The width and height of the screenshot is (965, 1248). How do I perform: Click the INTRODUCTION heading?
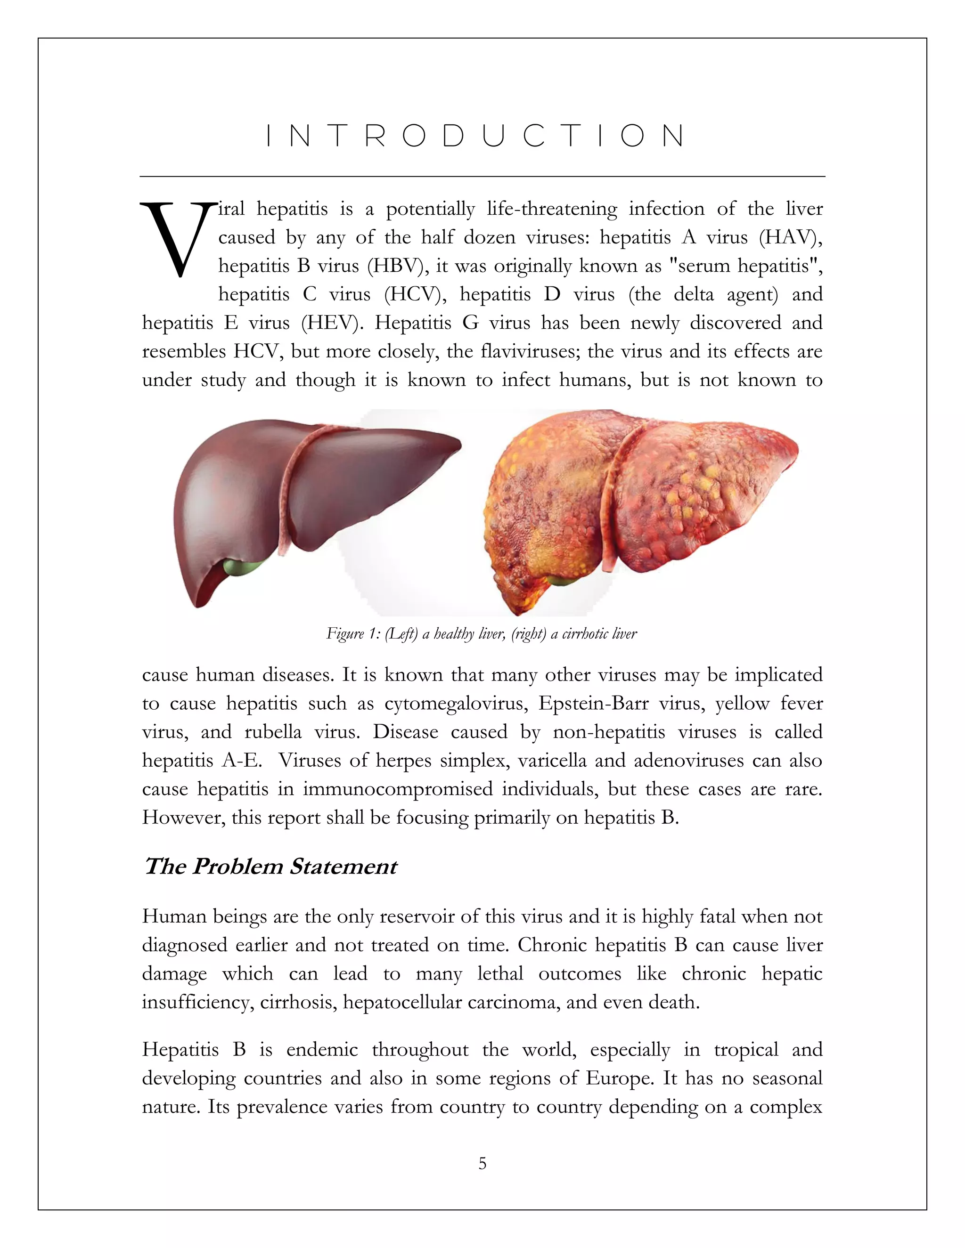pos(475,136)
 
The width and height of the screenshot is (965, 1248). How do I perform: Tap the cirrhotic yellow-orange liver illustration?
pos(640,503)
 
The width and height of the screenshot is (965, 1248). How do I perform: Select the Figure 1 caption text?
pos(482,633)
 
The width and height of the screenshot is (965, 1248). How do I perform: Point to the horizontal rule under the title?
pos(482,177)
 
